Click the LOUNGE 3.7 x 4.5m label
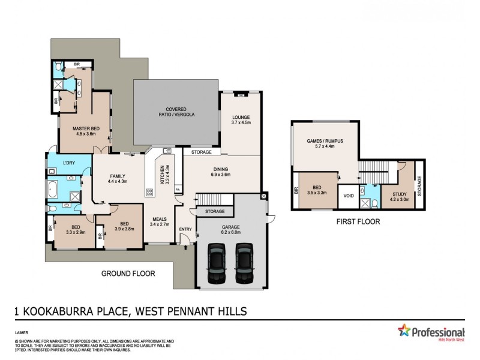[240, 119]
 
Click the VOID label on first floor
[348, 196]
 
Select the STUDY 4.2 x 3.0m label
[400, 197]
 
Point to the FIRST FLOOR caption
[359, 221]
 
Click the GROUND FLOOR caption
[128, 274]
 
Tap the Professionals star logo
[405, 332]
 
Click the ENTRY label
[185, 229]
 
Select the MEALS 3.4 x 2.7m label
[160, 222]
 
